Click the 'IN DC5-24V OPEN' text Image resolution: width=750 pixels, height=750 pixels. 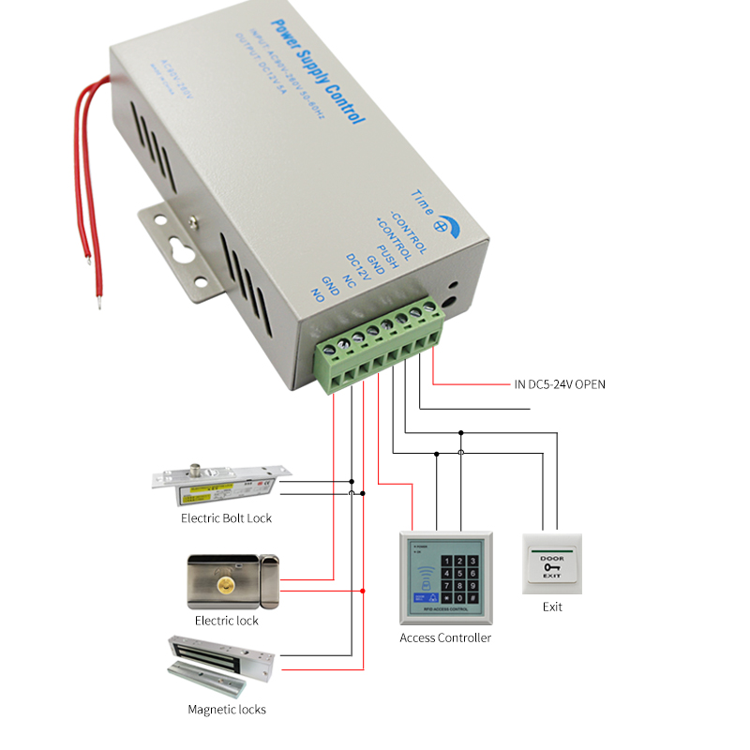click(560, 384)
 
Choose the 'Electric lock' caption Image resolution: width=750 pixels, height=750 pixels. click(226, 621)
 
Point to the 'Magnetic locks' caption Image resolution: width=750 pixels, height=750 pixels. click(226, 710)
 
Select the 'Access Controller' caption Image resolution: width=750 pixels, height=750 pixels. click(445, 637)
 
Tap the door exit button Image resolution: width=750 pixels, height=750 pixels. click(552, 563)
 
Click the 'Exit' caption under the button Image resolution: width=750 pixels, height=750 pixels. click(552, 607)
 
